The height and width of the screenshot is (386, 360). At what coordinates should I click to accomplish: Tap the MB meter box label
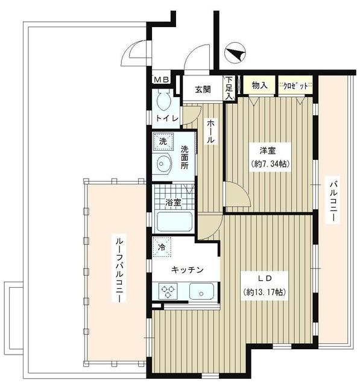[x=161, y=80]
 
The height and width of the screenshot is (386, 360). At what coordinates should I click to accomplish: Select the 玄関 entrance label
[x=203, y=90]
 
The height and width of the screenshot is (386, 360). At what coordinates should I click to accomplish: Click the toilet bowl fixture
[x=162, y=102]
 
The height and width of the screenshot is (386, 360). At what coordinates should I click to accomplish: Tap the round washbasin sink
[x=162, y=163]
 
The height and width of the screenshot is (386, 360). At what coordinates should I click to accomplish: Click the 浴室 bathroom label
[x=174, y=203]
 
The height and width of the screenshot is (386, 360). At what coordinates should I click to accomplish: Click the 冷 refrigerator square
[x=162, y=247]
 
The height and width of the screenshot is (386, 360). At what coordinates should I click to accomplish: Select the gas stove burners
[x=167, y=293]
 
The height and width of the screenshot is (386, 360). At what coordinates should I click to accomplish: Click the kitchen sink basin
[x=201, y=293]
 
